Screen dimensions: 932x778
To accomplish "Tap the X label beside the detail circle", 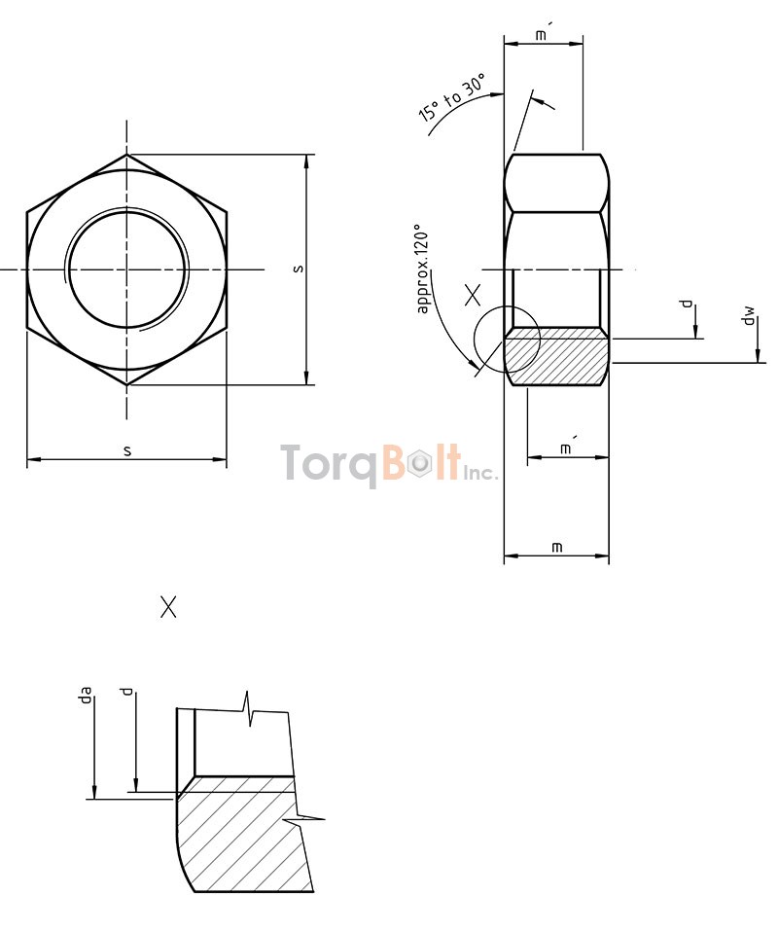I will pyautogui.click(x=473, y=295).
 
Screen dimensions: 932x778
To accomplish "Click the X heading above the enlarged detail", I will pyautogui.click(x=168, y=608).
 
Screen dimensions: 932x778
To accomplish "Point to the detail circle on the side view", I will pyautogui.click(x=506, y=341).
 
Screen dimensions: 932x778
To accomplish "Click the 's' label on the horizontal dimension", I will pyautogui.click(x=127, y=450).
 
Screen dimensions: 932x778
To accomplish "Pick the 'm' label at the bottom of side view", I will pyautogui.click(x=556, y=548).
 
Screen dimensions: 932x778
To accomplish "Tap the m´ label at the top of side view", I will pyautogui.click(x=544, y=36).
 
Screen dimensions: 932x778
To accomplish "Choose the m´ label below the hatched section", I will pyautogui.click(x=567, y=448).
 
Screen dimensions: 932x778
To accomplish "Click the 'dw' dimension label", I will pyautogui.click(x=748, y=316).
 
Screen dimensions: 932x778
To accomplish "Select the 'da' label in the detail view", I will pyautogui.click(x=86, y=695).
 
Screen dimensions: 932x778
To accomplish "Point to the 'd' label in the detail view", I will pyautogui.click(x=126, y=692).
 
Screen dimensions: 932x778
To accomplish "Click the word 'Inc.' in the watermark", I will pyautogui.click(x=480, y=473).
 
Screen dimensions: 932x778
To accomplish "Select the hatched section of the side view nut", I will pyautogui.click(x=556, y=356).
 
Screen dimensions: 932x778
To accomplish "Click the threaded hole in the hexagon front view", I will pyautogui.click(x=126, y=269).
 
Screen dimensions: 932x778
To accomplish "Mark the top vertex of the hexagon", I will pyautogui.click(x=126, y=154).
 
